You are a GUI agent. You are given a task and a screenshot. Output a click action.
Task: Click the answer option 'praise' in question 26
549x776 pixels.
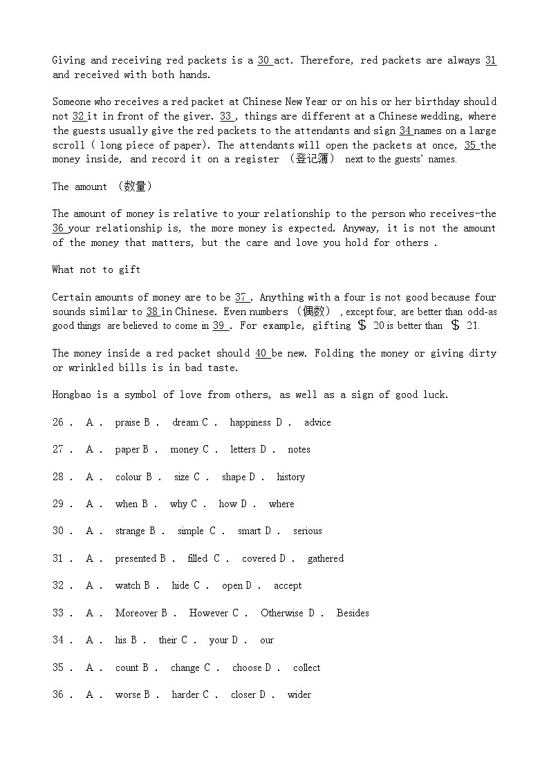[127, 422]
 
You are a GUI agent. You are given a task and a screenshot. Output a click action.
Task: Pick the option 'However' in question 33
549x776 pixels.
[209, 613]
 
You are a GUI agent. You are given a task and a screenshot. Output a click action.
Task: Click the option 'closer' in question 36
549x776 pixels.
[243, 694]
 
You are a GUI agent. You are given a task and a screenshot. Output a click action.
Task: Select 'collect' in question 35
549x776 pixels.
[306, 668]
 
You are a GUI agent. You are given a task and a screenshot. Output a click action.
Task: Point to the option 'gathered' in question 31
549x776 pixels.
[325, 558]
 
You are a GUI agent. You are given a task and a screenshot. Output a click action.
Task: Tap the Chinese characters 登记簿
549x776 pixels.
[313, 159]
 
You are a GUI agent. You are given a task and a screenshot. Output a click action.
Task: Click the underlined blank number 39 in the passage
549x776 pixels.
[218, 325]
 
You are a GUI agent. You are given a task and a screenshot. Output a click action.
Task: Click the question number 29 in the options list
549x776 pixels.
[58, 504]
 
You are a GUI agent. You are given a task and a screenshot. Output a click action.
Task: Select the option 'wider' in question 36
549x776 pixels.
[299, 694]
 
